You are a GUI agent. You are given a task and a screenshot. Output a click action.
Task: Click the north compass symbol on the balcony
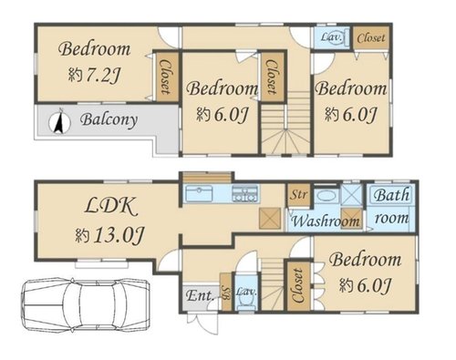point(59,122)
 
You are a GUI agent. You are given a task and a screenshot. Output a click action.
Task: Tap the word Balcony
point(109,120)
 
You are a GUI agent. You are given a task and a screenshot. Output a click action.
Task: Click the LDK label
point(110,206)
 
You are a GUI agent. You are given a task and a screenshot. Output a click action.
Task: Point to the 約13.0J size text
point(109,235)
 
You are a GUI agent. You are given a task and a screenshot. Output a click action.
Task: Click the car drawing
point(86,304)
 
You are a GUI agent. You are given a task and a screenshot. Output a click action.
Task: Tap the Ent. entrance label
point(200,295)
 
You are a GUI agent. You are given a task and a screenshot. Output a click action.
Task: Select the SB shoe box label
point(226,293)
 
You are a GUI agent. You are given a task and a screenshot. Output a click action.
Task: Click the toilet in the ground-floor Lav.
point(246,302)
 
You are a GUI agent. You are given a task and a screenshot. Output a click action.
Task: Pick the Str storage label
point(298,194)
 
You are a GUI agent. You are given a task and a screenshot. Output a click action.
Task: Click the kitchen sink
point(199,193)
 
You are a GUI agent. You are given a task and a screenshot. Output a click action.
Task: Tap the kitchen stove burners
point(245,193)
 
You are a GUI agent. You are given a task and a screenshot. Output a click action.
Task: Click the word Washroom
point(326,221)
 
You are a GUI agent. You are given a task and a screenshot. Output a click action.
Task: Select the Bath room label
point(391,207)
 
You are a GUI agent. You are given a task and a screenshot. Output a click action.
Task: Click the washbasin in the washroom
point(326,196)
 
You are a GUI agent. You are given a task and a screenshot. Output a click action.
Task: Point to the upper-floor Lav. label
point(332,37)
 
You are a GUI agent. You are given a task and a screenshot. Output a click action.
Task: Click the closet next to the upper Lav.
point(371,38)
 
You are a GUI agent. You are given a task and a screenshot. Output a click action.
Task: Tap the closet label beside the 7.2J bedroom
point(166,77)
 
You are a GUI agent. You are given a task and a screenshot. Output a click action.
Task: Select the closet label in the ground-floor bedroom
point(298,286)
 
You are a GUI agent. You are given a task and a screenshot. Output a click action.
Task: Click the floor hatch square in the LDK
point(269,218)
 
